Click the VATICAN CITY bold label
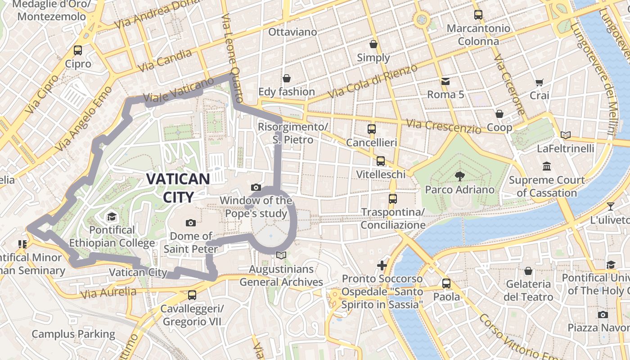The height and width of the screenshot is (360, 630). click(178, 188)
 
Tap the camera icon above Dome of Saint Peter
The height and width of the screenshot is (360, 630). click(191, 223)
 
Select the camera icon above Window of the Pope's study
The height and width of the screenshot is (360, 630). click(256, 187)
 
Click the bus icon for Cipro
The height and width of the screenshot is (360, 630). click(78, 50)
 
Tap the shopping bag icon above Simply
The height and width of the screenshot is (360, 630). click(373, 44)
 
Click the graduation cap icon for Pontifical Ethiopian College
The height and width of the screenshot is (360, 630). click(112, 217)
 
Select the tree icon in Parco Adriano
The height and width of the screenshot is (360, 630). click(459, 176)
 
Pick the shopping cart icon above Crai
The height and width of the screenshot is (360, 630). click(539, 82)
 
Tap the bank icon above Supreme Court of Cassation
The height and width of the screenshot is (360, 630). click(547, 166)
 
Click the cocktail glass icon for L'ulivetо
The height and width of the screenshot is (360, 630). click(610, 207)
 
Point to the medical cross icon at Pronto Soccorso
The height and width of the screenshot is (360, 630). click(382, 265)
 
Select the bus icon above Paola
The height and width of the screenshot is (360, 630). click(446, 283)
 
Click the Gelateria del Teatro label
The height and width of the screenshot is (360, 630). click(528, 290)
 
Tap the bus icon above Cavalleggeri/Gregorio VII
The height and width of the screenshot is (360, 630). click(192, 295)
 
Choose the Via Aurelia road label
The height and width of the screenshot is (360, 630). click(108, 293)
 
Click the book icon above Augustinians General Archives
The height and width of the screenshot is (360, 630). click(281, 256)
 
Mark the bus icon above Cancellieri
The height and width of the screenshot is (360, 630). click(372, 129)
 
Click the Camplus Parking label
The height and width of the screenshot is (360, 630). click(73, 334)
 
